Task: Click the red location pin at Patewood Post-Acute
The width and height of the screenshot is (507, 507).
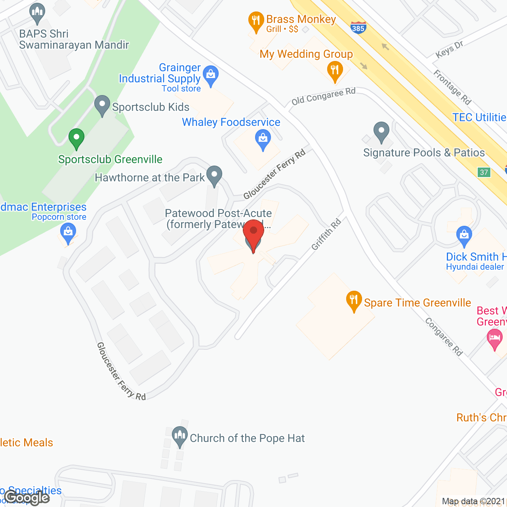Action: [253, 233]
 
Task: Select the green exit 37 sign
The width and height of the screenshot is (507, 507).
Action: [484, 172]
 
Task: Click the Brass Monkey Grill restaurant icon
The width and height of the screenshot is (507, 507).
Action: [256, 22]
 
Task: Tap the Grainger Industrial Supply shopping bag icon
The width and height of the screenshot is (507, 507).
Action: [211, 75]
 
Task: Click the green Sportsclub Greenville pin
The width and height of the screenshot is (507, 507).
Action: [76, 139]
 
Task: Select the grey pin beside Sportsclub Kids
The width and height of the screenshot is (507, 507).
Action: [102, 105]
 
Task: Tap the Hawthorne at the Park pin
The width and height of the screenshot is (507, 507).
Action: [214, 175]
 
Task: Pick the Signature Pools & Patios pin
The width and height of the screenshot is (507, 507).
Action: [381, 132]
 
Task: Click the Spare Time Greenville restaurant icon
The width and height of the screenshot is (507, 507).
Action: [354, 301]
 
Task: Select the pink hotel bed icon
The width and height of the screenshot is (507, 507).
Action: [495, 339]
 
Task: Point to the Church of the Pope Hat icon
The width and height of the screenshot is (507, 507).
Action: [179, 436]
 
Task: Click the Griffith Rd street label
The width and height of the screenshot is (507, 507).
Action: [326, 234]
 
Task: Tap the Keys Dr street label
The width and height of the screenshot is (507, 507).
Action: [449, 50]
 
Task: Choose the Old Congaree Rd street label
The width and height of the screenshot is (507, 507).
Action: [323, 96]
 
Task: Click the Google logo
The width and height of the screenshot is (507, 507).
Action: [27, 497]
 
